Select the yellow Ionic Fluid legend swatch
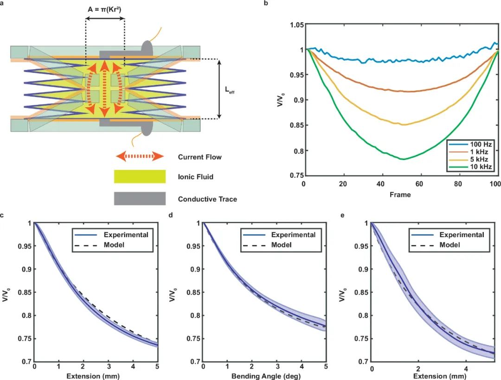click(140, 177)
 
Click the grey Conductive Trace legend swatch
click(140, 199)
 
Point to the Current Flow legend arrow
click(140, 156)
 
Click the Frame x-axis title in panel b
click(400, 195)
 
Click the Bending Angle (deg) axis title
click(264, 375)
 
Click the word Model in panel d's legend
click(282, 245)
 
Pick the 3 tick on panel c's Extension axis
click(108, 367)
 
